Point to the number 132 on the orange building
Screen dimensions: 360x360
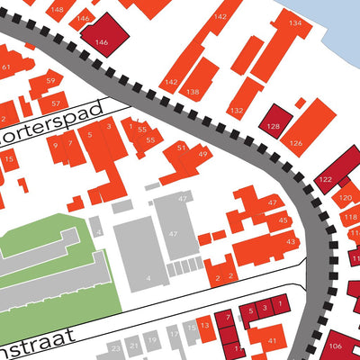pyautogui.click(x=236, y=110)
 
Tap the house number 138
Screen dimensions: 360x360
pyautogui.click(x=193, y=92)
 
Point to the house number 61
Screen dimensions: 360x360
pyautogui.click(x=7, y=67)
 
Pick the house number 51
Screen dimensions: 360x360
pyautogui.click(x=181, y=147)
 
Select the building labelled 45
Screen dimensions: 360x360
pyautogui.click(x=282, y=220)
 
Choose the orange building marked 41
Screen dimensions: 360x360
pyautogui.click(x=268, y=339)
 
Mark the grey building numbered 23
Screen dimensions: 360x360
pyautogui.click(x=114, y=347)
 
